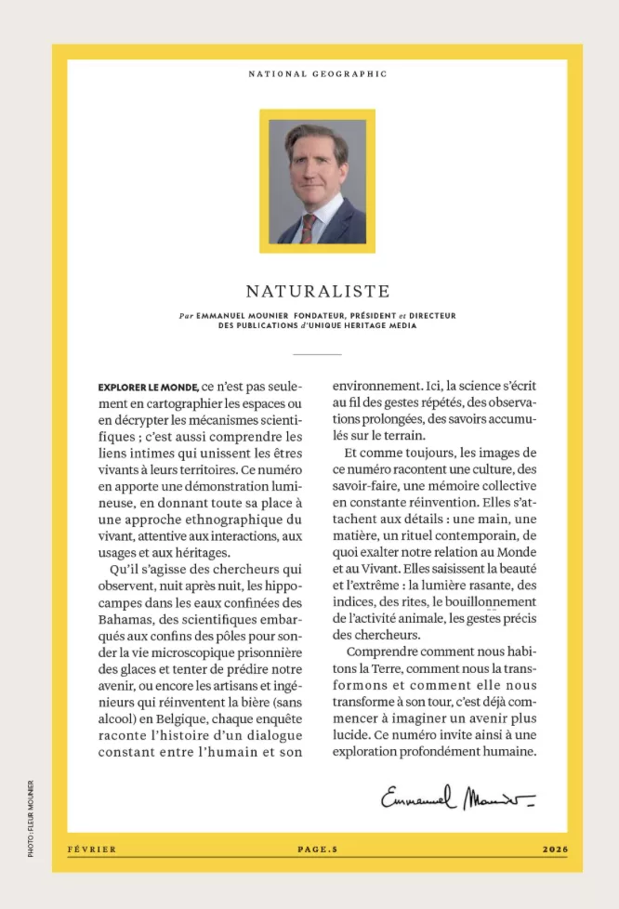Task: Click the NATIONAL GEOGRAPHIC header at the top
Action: [x=317, y=73]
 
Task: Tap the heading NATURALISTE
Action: [x=317, y=292]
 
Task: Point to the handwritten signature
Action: [x=457, y=797]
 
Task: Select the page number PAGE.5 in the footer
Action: [x=317, y=849]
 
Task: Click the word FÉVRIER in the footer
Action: [x=92, y=849]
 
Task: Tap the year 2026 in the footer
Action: [x=554, y=849]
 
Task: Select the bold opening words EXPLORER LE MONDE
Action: [x=148, y=387]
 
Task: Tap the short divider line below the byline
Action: [x=317, y=354]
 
